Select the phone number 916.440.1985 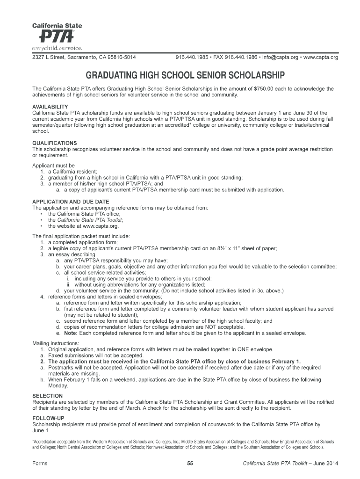point(192,58)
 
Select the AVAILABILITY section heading point(50,107)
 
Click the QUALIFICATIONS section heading point(54,143)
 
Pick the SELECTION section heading point(47,396)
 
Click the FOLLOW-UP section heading point(48,418)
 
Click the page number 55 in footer point(190,463)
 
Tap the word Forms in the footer point(40,463)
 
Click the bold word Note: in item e point(71,333)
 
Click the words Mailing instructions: point(55,343)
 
